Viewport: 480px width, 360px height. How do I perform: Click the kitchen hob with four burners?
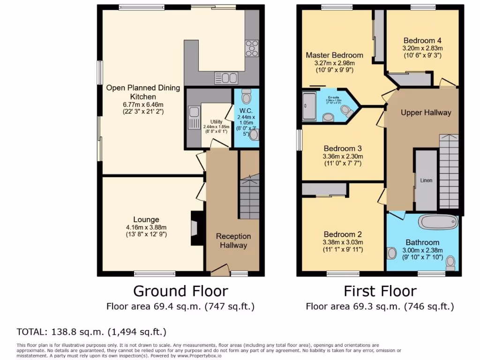click(x=252, y=48)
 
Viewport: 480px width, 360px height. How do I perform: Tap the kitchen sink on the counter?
click(x=226, y=78)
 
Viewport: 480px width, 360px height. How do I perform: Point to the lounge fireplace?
click(x=195, y=228)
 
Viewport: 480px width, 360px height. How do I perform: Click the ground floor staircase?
click(x=249, y=197)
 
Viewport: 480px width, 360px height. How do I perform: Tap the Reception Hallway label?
click(x=233, y=240)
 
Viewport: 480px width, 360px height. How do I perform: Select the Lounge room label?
click(x=146, y=219)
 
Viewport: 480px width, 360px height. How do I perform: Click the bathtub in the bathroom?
click(x=437, y=222)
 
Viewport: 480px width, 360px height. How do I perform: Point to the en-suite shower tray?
click(x=309, y=106)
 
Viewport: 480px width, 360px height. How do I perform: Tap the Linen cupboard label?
click(x=426, y=180)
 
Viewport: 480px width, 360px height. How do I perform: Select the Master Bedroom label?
click(x=334, y=55)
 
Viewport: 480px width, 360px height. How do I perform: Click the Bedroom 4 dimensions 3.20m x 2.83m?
click(x=422, y=48)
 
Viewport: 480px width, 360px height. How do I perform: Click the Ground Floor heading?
click(x=180, y=291)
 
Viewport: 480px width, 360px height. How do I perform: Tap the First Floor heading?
click(x=380, y=291)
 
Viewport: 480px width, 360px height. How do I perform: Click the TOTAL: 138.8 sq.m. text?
click(x=91, y=332)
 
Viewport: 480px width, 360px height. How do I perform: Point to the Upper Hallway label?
click(x=426, y=112)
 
